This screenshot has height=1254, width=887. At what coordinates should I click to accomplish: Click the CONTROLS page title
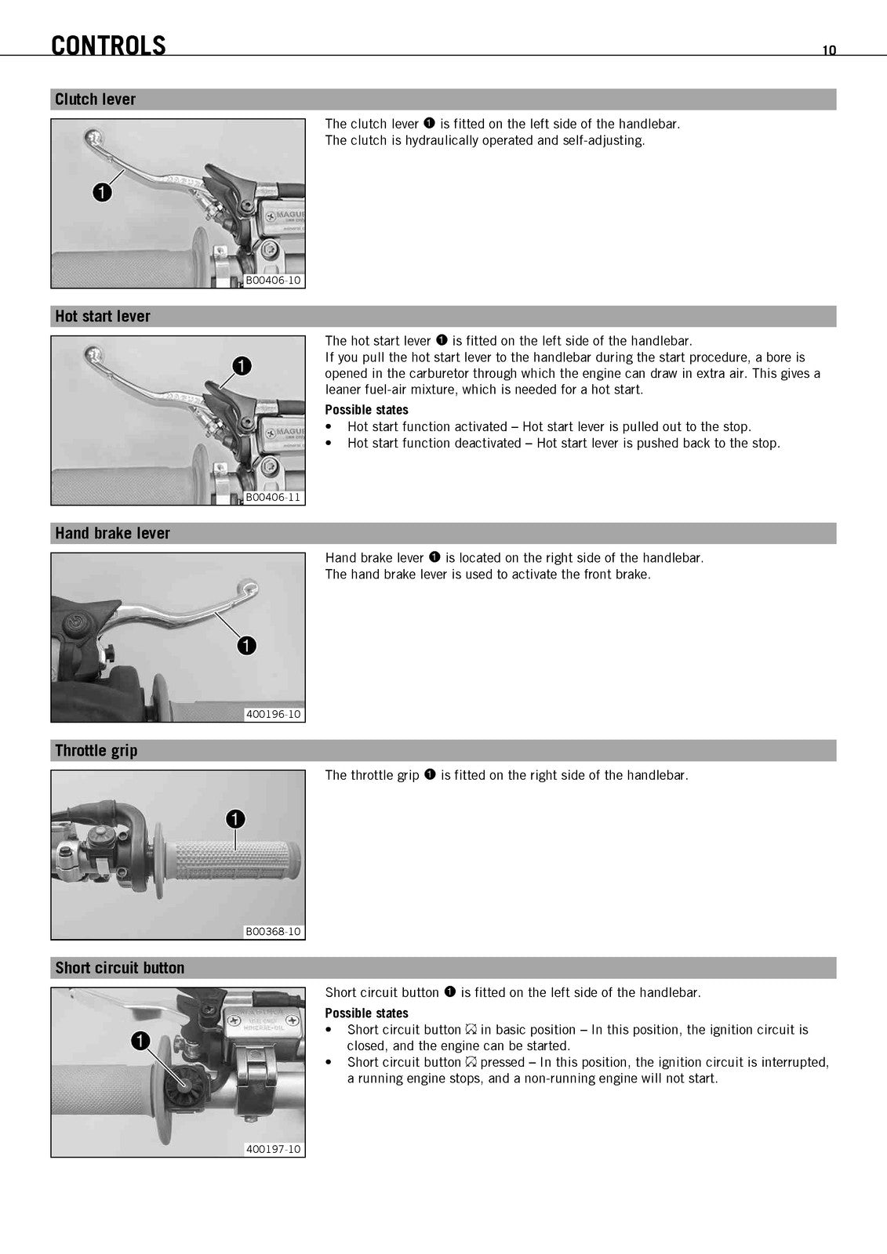pyautogui.click(x=108, y=45)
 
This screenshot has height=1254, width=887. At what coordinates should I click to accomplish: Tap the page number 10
pyautogui.click(x=829, y=50)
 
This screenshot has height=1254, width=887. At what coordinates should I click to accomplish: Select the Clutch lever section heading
pyautogui.click(x=95, y=99)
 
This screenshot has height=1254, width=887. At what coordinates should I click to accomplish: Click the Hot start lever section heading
pyautogui.click(x=103, y=317)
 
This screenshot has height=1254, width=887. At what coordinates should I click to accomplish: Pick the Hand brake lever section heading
pyautogui.click(x=112, y=533)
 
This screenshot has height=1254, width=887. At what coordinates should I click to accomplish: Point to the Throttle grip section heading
pyautogui.click(x=96, y=751)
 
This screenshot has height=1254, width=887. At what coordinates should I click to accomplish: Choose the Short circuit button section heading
pyautogui.click(x=119, y=968)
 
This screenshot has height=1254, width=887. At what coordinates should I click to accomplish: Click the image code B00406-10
pyautogui.click(x=274, y=280)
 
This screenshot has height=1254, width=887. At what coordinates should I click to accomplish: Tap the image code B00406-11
pyautogui.click(x=274, y=497)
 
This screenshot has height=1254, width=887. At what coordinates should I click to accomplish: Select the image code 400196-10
pyautogui.click(x=274, y=714)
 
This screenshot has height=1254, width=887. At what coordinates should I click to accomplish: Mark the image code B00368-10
pyautogui.click(x=274, y=932)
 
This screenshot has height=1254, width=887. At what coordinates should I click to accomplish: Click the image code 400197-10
pyautogui.click(x=274, y=1149)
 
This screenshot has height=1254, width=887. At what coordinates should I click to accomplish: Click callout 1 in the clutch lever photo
pyautogui.click(x=102, y=193)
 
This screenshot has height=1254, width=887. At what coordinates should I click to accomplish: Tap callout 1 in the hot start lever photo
pyautogui.click(x=242, y=366)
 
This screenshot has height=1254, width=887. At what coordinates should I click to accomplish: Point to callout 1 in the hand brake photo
pyautogui.click(x=246, y=646)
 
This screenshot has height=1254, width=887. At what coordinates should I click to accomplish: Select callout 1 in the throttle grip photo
pyautogui.click(x=235, y=819)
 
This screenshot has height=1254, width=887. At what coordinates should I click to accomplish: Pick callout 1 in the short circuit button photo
pyautogui.click(x=140, y=1042)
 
